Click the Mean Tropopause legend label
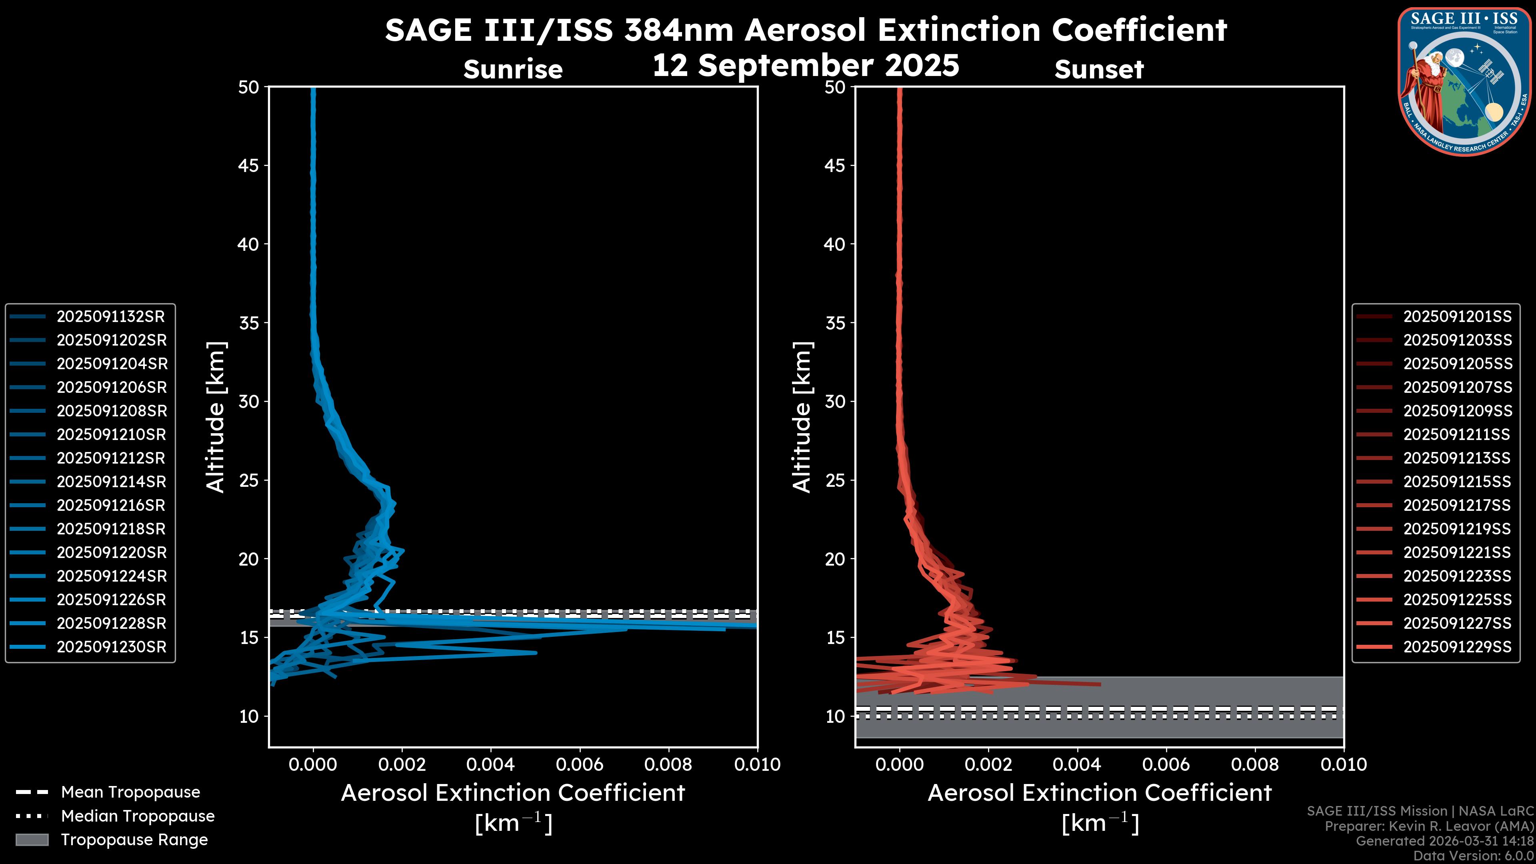(130, 792)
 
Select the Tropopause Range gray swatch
(32, 840)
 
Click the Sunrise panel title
(513, 70)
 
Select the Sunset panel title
(1099, 70)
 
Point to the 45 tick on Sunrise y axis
(249, 166)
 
